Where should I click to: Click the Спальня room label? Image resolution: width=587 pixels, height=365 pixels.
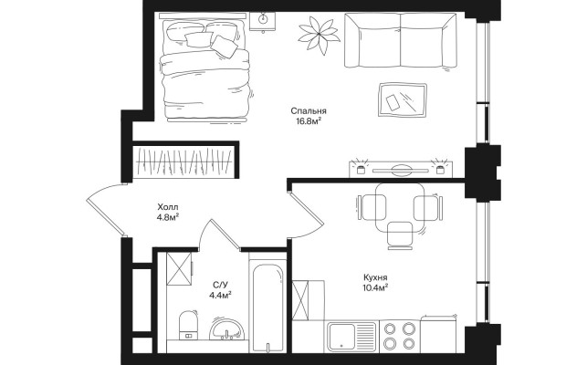click(309, 111)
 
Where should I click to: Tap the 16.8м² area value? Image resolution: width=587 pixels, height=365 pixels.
click(309, 121)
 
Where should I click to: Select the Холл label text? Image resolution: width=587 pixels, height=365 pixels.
click(168, 207)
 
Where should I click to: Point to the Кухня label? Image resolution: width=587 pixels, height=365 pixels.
click(375, 277)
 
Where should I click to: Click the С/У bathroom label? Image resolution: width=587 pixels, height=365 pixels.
click(220, 285)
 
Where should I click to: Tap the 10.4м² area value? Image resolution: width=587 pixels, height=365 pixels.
click(375, 287)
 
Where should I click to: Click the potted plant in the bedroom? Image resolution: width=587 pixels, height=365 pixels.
click(319, 35)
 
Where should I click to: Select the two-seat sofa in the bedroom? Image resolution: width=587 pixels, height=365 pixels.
click(401, 40)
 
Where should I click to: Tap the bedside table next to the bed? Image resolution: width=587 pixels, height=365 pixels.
click(262, 21)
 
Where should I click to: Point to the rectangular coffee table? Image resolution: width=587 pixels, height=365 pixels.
click(403, 99)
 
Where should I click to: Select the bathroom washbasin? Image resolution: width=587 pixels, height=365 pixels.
click(227, 329)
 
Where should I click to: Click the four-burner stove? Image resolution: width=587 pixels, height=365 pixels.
click(400, 336)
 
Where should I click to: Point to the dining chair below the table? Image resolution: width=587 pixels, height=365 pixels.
click(400, 235)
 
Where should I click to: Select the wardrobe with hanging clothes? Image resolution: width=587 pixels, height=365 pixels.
click(183, 162)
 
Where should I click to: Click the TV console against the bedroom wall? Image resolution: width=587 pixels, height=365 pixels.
click(401, 169)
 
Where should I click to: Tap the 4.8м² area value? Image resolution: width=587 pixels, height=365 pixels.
click(168, 217)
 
